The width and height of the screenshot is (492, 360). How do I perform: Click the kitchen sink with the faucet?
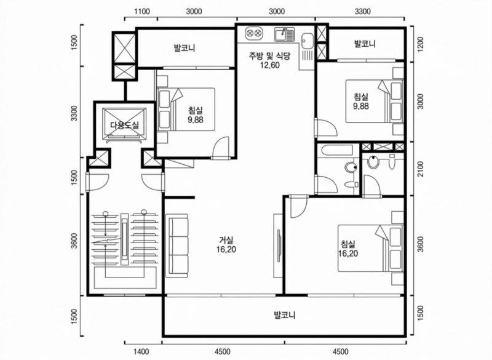point(284,34)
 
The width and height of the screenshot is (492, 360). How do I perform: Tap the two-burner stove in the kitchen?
point(253,33)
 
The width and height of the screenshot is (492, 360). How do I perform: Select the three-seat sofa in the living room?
point(177,246)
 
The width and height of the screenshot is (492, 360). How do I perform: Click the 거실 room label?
point(226,241)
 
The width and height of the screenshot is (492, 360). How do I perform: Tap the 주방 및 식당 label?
point(269,56)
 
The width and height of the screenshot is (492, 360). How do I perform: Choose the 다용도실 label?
point(124,126)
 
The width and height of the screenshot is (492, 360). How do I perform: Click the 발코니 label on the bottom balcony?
point(285,315)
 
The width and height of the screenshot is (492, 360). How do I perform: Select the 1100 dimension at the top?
point(142,12)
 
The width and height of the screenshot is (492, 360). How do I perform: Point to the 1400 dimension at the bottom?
point(141,351)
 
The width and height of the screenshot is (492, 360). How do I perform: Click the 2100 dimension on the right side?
point(421,169)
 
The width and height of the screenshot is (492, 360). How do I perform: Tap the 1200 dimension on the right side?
point(421,44)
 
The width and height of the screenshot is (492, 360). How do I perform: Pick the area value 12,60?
point(269,65)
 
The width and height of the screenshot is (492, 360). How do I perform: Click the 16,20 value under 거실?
point(226,249)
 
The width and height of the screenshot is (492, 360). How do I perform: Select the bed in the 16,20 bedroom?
point(370,248)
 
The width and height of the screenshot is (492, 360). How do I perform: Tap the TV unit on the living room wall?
point(279,246)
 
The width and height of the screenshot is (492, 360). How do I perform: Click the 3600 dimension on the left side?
point(74,241)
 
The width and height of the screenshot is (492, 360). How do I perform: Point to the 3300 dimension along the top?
point(362,12)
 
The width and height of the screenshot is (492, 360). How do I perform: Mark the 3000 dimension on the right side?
point(421,101)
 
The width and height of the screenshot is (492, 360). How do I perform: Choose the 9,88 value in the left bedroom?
point(196,119)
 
